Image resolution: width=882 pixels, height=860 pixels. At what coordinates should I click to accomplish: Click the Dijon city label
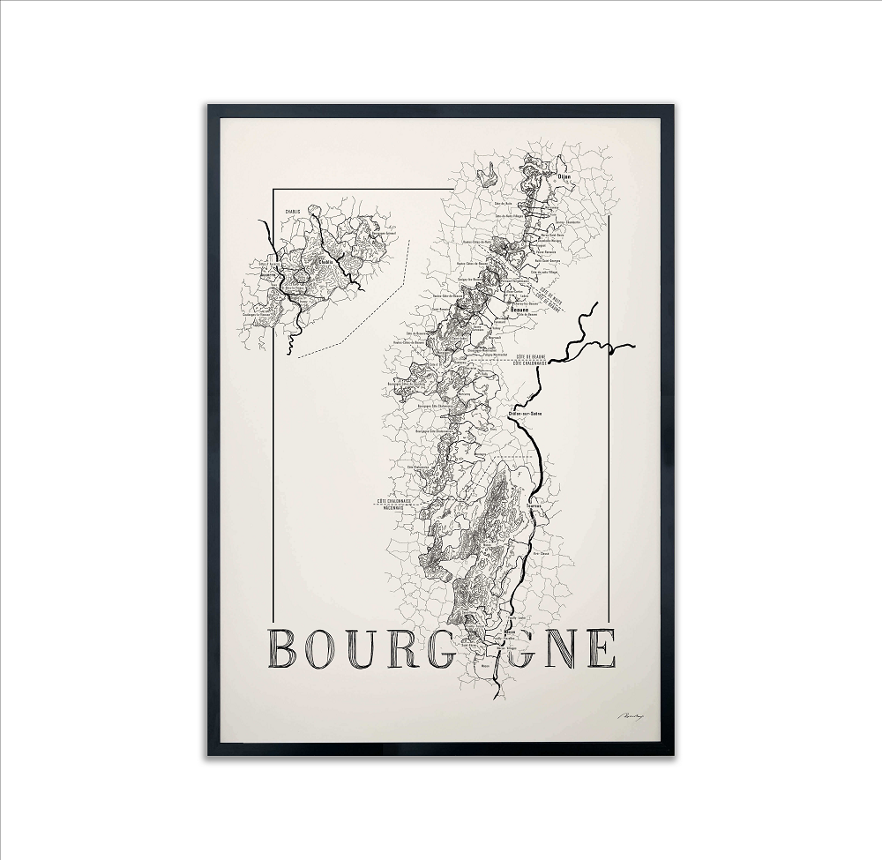(x=564, y=177)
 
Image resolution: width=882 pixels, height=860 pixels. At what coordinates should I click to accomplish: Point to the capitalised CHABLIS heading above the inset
(x=293, y=212)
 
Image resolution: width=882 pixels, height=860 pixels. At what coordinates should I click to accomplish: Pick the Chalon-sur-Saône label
(x=525, y=413)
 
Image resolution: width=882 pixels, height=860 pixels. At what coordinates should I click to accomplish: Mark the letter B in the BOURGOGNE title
(x=288, y=649)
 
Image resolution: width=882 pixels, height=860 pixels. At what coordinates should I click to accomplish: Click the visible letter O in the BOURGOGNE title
(x=333, y=649)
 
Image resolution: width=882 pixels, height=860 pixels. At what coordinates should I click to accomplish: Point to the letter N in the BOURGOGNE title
(x=557, y=649)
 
